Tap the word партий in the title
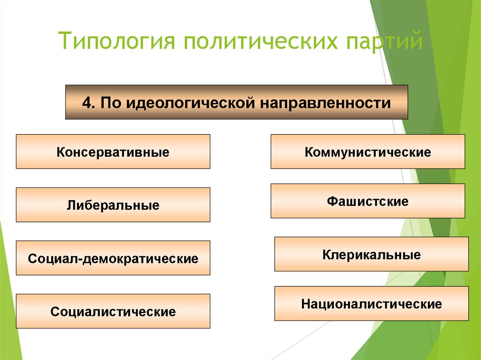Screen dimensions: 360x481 coord(384,41)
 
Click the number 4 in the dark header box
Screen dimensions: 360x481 coord(86,102)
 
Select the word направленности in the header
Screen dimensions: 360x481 coord(324,102)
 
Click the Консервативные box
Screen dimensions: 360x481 coord(113,152)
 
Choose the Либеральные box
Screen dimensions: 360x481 coord(113,205)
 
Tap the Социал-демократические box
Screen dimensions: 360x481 coord(113,258)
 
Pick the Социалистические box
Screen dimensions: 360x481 coord(113,311)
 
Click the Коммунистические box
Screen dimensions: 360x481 coord(367,152)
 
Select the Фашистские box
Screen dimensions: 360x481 coord(367,201)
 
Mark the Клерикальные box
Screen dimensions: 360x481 coord(371,254)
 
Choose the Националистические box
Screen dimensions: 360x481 coord(371,304)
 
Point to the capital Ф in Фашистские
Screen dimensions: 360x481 coord(332,202)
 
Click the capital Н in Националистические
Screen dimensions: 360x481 coord(305,304)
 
